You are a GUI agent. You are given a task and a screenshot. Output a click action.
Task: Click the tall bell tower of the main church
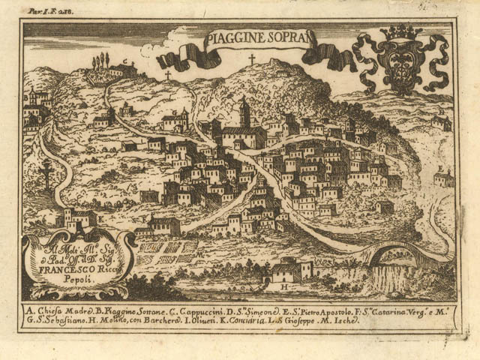coord(244,114)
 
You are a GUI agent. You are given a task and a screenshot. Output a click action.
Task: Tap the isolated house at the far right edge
coord(444,178)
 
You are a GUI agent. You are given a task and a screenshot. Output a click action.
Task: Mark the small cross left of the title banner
coord(167,76)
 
